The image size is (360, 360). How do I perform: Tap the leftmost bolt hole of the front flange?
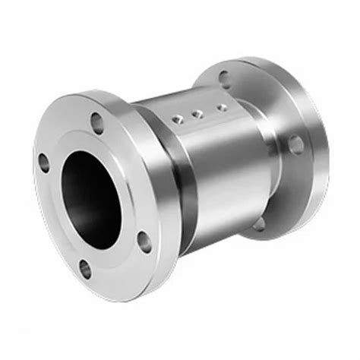pyautogui.click(x=43, y=161)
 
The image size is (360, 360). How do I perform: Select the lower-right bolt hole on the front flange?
pyautogui.click(x=144, y=242)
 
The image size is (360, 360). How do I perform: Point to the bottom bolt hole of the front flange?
pyautogui.click(x=85, y=269)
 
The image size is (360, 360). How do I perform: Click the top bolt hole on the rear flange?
pyautogui.click(x=224, y=77)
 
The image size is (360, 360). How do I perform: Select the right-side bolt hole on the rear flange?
pyautogui.click(x=295, y=144)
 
